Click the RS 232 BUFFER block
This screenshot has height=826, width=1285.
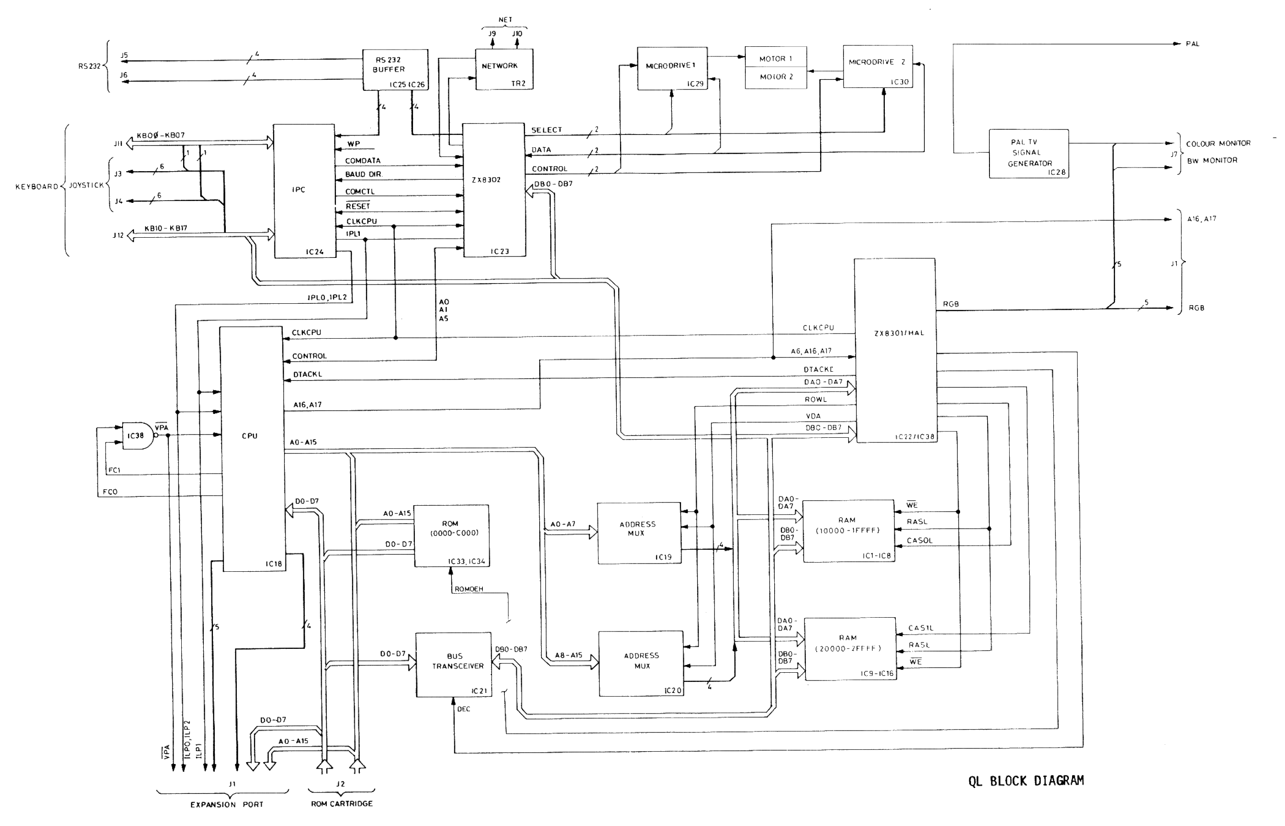(395, 70)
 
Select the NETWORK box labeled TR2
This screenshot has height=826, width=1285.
(503, 69)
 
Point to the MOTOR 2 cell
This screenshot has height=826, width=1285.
(776, 77)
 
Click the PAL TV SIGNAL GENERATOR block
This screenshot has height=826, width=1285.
(1028, 154)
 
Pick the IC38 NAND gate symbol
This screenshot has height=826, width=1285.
(137, 435)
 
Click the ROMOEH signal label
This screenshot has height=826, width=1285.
(468, 589)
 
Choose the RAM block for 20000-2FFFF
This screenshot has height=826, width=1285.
(849, 648)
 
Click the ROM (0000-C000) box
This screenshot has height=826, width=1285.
(451, 535)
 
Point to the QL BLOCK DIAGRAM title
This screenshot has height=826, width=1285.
(1025, 781)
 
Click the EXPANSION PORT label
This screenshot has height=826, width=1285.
(226, 804)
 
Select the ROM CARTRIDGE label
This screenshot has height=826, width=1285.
(341, 804)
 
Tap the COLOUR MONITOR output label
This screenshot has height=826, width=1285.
(1218, 143)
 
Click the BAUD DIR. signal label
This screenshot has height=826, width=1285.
(363, 174)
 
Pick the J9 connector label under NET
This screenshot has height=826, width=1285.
(492, 34)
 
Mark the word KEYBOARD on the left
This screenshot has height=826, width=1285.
(36, 186)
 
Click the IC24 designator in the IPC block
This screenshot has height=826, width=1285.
(314, 251)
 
